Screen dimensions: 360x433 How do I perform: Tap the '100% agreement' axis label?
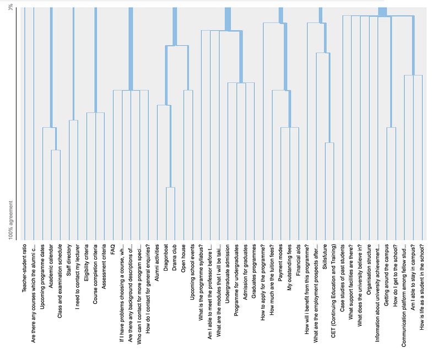[x=11, y=221]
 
